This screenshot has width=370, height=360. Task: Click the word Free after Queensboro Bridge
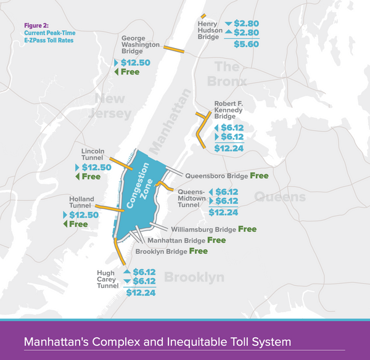(x=259, y=176)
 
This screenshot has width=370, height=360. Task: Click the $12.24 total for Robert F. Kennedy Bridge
(x=229, y=148)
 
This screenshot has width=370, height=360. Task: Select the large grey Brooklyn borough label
(x=194, y=277)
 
